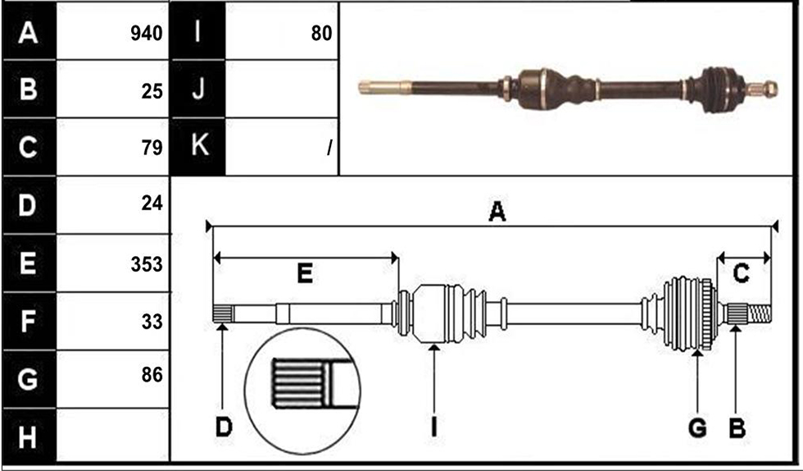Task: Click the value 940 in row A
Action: pyautogui.click(x=147, y=34)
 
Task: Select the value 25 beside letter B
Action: pyautogui.click(x=152, y=91)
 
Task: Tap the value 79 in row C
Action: pyautogui.click(x=152, y=148)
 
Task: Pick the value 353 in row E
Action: pyautogui.click(x=147, y=264)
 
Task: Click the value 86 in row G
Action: pyautogui.click(x=152, y=375)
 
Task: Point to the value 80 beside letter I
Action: pyautogui.click(x=321, y=34)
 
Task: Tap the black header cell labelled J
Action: pyautogui.click(x=197, y=89)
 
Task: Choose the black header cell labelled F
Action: pyautogui.click(x=29, y=321)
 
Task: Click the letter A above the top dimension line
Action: pyautogui.click(x=497, y=212)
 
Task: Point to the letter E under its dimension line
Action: pyautogui.click(x=305, y=273)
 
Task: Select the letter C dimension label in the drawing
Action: pyautogui.click(x=741, y=273)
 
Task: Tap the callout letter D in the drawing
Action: pyautogui.click(x=224, y=427)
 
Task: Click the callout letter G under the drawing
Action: pyautogui.click(x=697, y=428)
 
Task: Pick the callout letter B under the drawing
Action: pyautogui.click(x=737, y=428)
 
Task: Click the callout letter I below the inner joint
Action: pyautogui.click(x=434, y=427)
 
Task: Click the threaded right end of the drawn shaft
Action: pyautogui.click(x=760, y=313)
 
